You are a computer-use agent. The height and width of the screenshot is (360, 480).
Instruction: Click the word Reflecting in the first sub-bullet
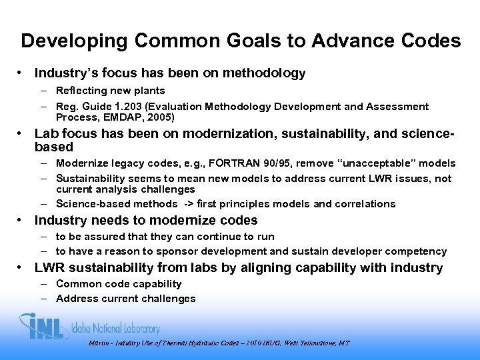[81, 90]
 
